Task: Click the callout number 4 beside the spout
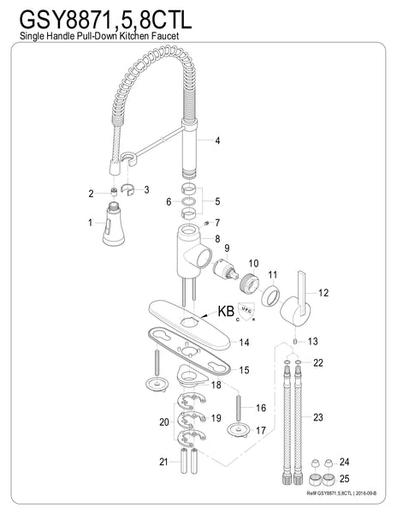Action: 217,140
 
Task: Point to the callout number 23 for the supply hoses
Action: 318,418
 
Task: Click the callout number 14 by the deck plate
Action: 244,343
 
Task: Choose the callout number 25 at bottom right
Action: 344,479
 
